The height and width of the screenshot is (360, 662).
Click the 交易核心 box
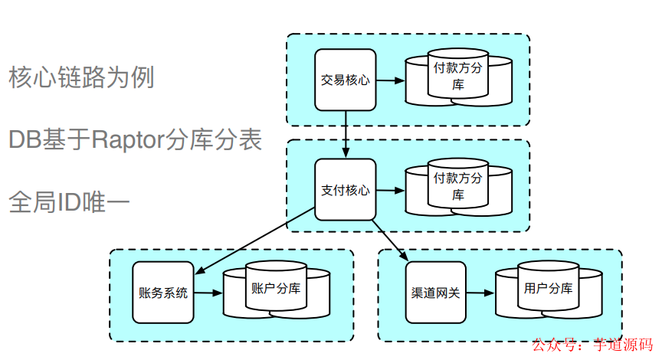pyautogui.click(x=346, y=80)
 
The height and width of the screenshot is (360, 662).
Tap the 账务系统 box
pyautogui.click(x=162, y=293)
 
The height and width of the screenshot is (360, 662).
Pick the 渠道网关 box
pyautogui.click(x=435, y=293)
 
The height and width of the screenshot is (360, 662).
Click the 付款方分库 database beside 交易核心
pyautogui.click(x=458, y=79)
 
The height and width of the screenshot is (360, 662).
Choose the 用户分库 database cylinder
pyautogui.click(x=548, y=291)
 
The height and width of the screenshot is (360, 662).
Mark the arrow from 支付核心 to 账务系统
pyautogui.click(x=257, y=246)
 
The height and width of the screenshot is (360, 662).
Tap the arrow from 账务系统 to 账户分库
pyautogui.click(x=208, y=293)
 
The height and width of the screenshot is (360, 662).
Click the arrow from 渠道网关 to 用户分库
pyautogui.click(x=480, y=293)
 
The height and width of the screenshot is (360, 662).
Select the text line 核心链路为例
pyautogui.click(x=82, y=77)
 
